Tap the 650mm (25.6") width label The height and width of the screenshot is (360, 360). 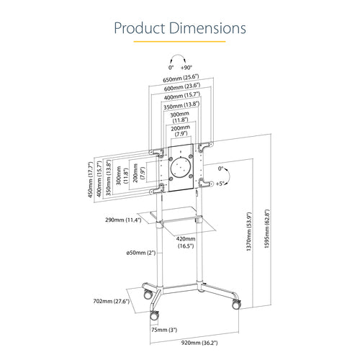pos(180,78)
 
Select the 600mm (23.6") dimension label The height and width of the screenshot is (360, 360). pos(180,86)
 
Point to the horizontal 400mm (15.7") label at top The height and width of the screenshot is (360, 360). pos(180,96)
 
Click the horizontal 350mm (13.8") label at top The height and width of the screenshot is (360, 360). pos(180,105)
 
